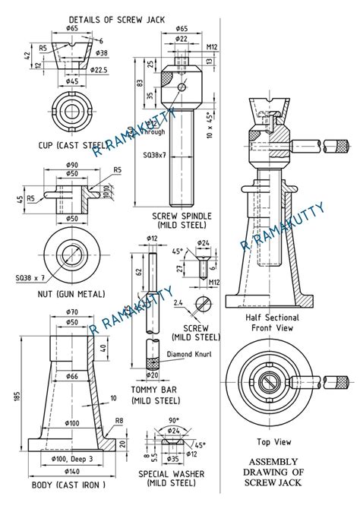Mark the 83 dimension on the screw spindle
point(139,84)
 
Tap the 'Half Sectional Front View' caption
point(272,322)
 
